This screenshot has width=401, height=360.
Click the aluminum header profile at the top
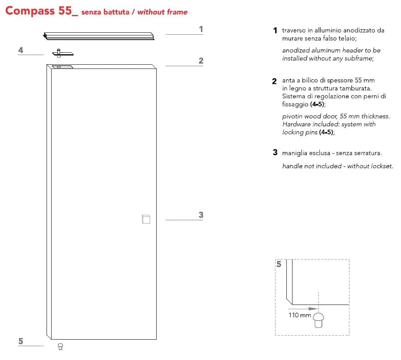pos(99,36)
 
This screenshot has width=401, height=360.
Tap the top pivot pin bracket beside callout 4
pos(63,53)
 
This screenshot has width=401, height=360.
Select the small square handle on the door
pos(146,219)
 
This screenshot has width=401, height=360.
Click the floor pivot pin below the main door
pos(60,347)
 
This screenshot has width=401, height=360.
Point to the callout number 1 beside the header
pos(201,29)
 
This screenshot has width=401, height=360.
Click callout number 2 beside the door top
pos(201,60)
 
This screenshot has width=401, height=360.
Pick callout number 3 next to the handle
pos(201,215)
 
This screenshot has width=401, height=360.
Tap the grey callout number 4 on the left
pos(21,50)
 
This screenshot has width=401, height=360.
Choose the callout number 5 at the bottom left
pos(21,341)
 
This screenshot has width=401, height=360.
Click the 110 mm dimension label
pos(300,315)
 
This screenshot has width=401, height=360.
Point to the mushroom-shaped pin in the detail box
pos(318,320)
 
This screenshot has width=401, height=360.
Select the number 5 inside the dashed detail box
pos(279,264)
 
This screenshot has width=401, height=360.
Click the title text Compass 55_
pos(42,11)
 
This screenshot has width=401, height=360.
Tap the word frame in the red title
pos(177,12)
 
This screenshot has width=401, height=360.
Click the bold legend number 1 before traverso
pos(275,30)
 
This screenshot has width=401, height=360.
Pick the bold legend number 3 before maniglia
pos(275,152)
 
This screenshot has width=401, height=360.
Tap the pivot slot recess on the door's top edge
pos(62,67)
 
